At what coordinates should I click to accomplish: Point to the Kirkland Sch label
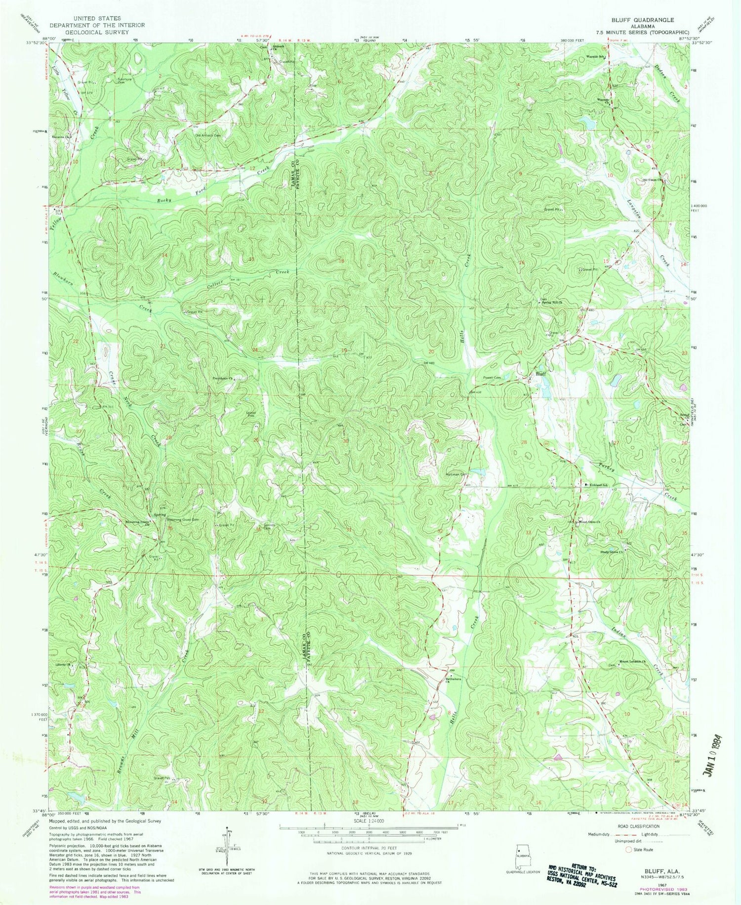pyautogui.click(x=598, y=484)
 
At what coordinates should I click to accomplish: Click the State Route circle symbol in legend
pyautogui.click(x=629, y=850)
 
